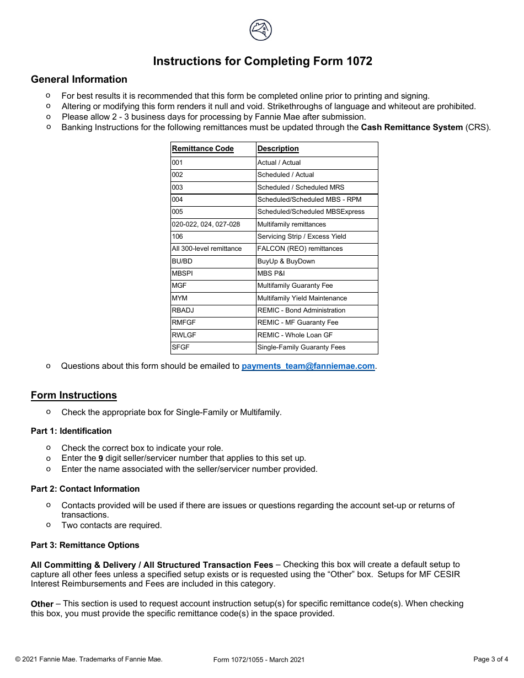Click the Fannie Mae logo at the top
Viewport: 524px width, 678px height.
click(261, 30)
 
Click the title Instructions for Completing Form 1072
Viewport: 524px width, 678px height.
click(263, 61)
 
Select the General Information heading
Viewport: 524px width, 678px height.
click(79, 79)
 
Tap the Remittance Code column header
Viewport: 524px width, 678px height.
click(202, 149)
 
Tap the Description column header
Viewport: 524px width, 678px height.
click(278, 149)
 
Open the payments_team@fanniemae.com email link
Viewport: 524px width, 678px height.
click(308, 366)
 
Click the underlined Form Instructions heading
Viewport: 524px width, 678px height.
click(74, 395)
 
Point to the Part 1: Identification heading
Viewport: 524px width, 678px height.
click(71, 431)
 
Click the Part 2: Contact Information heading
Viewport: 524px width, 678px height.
click(85, 489)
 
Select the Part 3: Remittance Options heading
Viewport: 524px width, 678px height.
click(85, 545)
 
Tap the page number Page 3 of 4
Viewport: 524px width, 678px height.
click(490, 659)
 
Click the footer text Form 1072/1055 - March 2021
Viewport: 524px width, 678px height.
click(259, 660)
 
